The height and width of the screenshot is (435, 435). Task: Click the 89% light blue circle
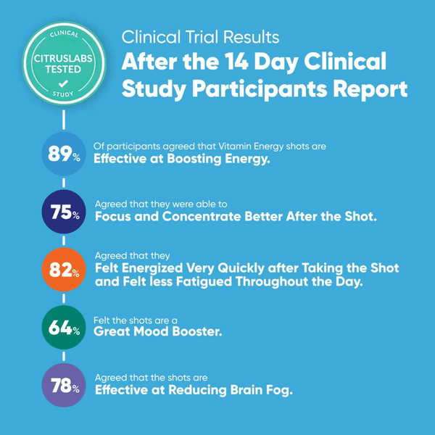click(x=64, y=154)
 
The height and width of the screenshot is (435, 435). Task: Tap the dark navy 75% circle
click(x=64, y=211)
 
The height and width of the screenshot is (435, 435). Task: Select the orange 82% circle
click(x=64, y=270)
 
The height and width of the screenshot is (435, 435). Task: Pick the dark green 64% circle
click(x=64, y=328)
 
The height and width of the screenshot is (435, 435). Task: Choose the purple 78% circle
click(x=64, y=385)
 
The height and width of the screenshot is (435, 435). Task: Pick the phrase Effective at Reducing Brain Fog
click(x=193, y=391)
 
